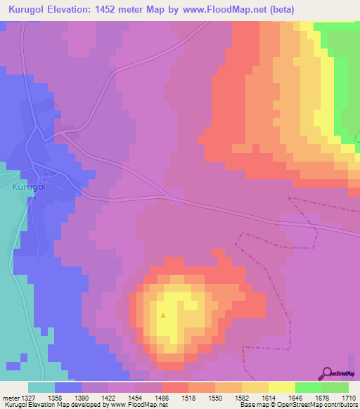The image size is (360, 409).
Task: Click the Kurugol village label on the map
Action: (29, 188)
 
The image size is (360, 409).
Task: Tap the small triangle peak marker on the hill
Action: (163, 315)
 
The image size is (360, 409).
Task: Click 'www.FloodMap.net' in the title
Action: (221, 9)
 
